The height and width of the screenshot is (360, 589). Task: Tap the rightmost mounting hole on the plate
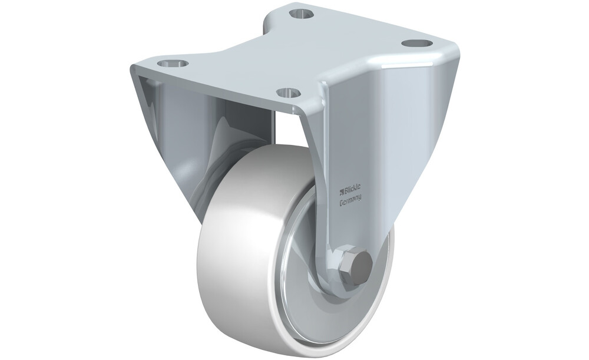pos(415,43)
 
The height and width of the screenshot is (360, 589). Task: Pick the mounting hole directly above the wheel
pos(289,92)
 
